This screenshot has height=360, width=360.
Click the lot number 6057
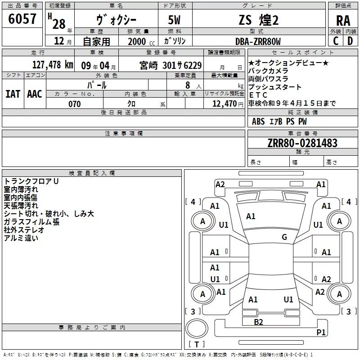point(22,19)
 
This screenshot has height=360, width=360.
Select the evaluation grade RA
point(343,21)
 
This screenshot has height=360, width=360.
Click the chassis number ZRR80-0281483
point(302,143)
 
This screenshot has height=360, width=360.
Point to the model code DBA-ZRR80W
point(258,41)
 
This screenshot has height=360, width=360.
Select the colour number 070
point(74,104)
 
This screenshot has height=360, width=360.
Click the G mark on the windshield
point(284,237)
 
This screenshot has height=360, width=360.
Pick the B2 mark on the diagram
point(258,322)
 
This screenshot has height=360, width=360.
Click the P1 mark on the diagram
point(321,332)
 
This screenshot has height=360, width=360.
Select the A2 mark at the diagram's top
point(220,184)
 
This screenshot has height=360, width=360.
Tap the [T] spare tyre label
point(197,345)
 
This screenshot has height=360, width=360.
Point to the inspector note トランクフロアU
point(31,181)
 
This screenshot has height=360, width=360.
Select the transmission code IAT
point(13,94)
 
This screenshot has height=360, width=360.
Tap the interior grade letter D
point(350,41)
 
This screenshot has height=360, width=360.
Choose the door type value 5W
point(175,20)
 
